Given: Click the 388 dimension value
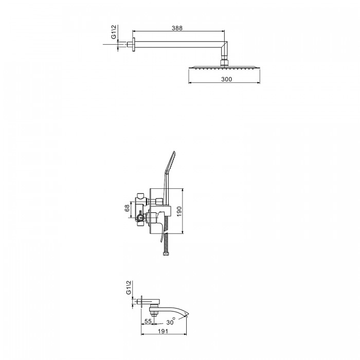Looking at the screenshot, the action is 177,28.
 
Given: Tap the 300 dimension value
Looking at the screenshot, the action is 227,79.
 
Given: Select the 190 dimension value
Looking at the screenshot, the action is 179,211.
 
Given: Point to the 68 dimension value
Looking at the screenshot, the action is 127,208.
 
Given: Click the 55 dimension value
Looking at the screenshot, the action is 148,321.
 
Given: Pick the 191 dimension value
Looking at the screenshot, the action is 163,331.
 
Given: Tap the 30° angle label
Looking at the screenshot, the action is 171,321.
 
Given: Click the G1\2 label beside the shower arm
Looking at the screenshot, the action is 114,32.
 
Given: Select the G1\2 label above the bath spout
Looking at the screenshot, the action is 129,287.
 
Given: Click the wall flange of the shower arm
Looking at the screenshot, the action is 133,45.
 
